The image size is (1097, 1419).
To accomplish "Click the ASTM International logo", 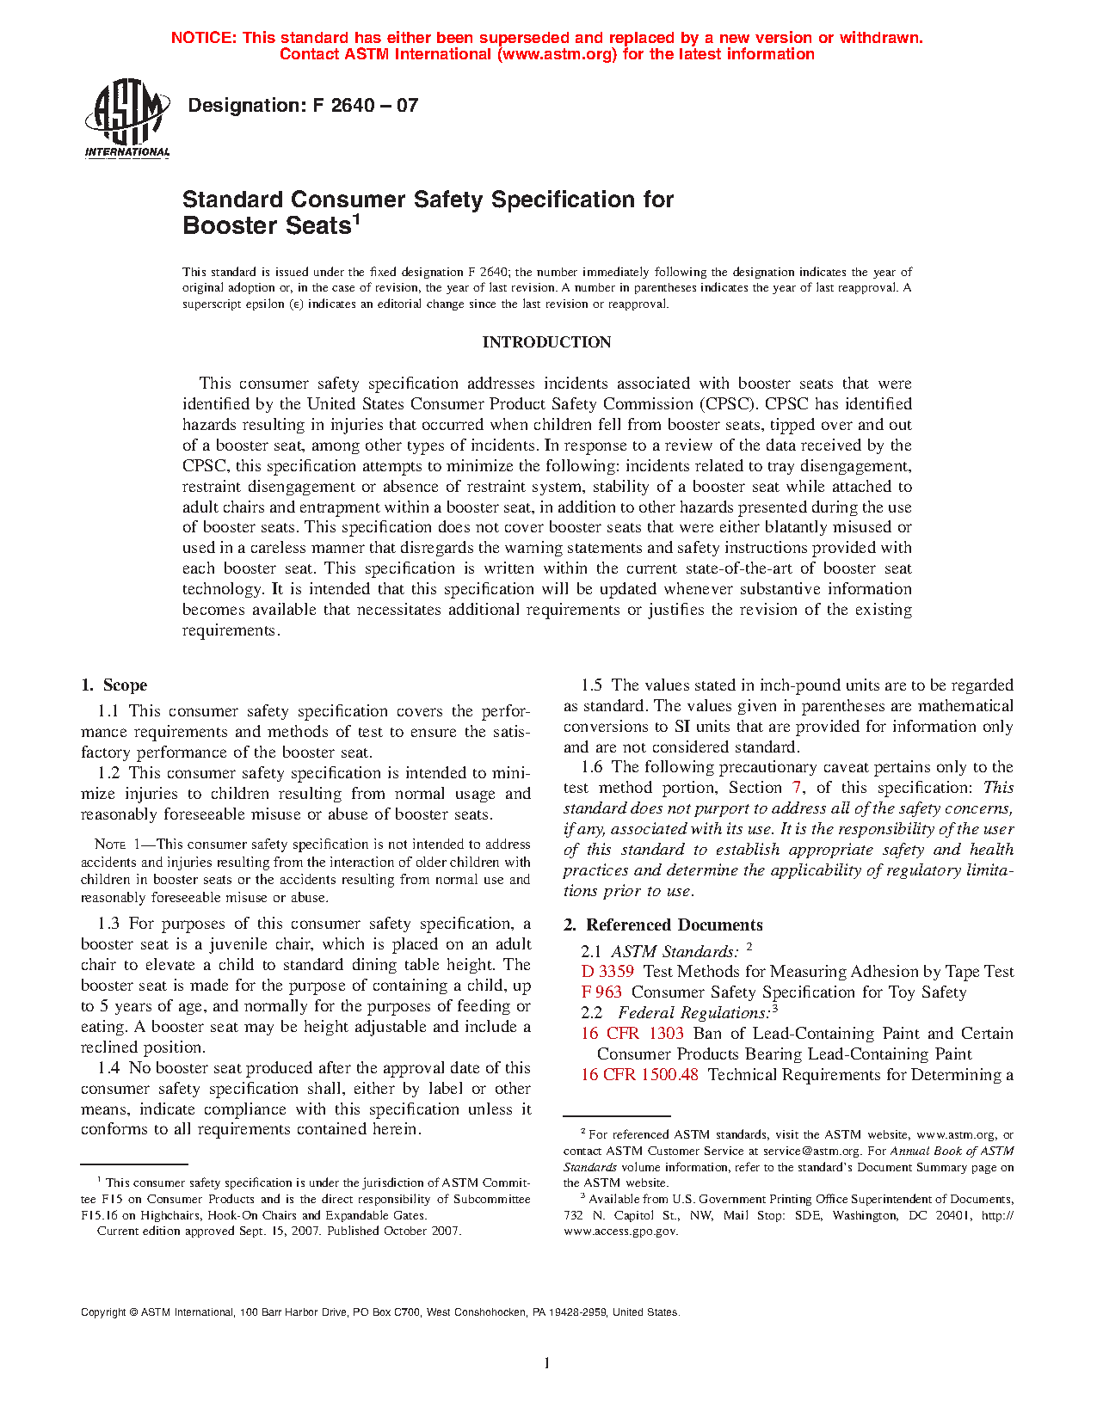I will click(x=126, y=118).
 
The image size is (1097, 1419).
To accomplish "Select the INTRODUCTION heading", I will click(x=546, y=342).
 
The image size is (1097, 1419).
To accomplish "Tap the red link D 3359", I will click(x=607, y=972).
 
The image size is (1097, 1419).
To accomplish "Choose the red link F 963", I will click(x=601, y=992).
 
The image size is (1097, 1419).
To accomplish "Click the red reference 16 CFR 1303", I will click(x=632, y=1034).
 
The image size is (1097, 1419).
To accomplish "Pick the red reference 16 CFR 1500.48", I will click(x=639, y=1075).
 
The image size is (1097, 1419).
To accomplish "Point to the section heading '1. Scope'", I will click(x=114, y=685).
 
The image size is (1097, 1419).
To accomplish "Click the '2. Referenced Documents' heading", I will click(x=663, y=925).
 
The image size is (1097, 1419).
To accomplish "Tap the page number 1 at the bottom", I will click(x=547, y=1363).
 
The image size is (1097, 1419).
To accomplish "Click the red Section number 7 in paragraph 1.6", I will click(x=797, y=788).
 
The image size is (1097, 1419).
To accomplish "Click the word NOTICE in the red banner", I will click(x=204, y=38).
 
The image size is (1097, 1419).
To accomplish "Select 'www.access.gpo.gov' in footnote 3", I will click(x=619, y=1232).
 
